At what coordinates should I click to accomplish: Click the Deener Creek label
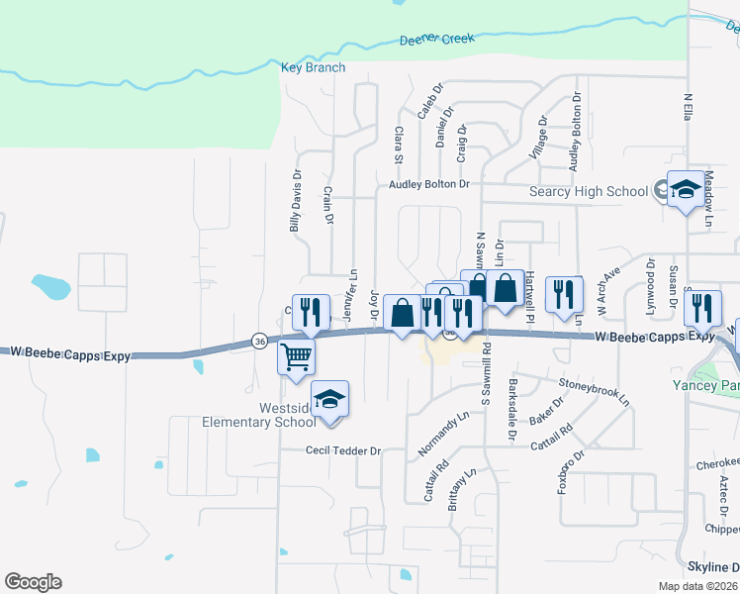click(436, 40)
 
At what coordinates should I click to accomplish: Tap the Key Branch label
click(314, 67)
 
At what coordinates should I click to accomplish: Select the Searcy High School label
click(589, 191)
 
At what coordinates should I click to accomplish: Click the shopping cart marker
click(296, 357)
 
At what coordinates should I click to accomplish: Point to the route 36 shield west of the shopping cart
click(259, 340)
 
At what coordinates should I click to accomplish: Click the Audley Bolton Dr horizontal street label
click(428, 184)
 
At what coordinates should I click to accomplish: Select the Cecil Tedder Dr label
click(342, 450)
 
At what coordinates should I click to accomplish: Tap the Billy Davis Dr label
click(295, 201)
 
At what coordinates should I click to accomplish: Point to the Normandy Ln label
click(443, 435)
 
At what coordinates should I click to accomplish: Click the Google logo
click(33, 582)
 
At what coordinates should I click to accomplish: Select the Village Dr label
click(538, 139)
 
